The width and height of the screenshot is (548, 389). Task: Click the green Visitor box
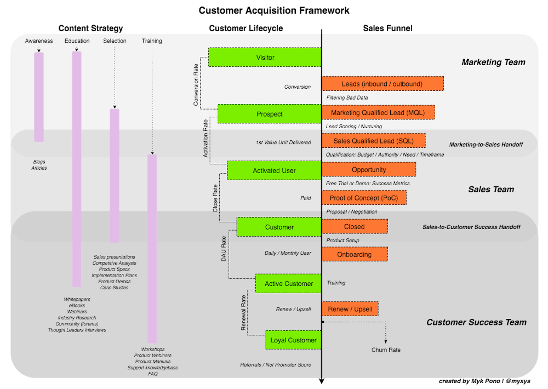[x=265, y=57]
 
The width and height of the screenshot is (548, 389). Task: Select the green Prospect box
[x=269, y=114]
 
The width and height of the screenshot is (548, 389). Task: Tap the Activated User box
[x=274, y=170]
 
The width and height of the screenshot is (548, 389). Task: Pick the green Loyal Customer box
[x=293, y=340]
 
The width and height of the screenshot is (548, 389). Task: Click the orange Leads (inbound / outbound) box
[x=383, y=84]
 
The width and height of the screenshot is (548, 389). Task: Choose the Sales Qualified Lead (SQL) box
[x=374, y=141]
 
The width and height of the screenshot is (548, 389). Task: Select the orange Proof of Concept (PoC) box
[x=364, y=198]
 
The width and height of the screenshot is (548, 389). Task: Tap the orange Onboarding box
[x=355, y=254]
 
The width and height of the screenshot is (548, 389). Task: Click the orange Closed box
[x=355, y=226]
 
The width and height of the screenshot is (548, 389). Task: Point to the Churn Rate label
[x=386, y=350]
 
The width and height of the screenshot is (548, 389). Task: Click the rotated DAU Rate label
[x=224, y=249]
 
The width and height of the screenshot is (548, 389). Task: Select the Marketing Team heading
[x=493, y=62]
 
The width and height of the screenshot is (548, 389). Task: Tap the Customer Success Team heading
[x=476, y=322]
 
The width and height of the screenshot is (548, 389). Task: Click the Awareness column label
[x=39, y=41]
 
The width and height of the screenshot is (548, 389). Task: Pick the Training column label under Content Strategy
[x=152, y=41]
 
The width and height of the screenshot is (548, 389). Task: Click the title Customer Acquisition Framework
[x=274, y=10]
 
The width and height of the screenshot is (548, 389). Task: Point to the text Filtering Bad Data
[x=347, y=98]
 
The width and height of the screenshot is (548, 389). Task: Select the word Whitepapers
[x=77, y=299]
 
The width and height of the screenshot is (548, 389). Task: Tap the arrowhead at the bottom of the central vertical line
[x=322, y=381]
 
